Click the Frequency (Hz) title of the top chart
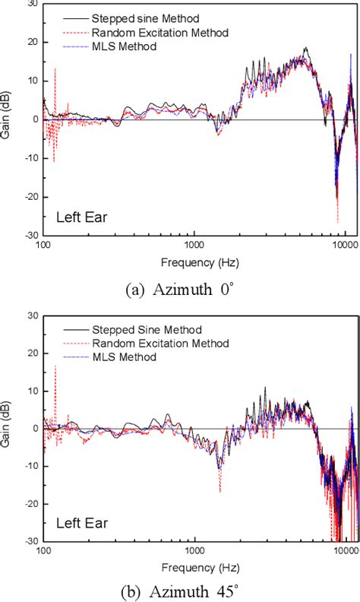194,263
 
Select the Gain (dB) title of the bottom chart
7,428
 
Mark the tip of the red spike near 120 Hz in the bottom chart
55,366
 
